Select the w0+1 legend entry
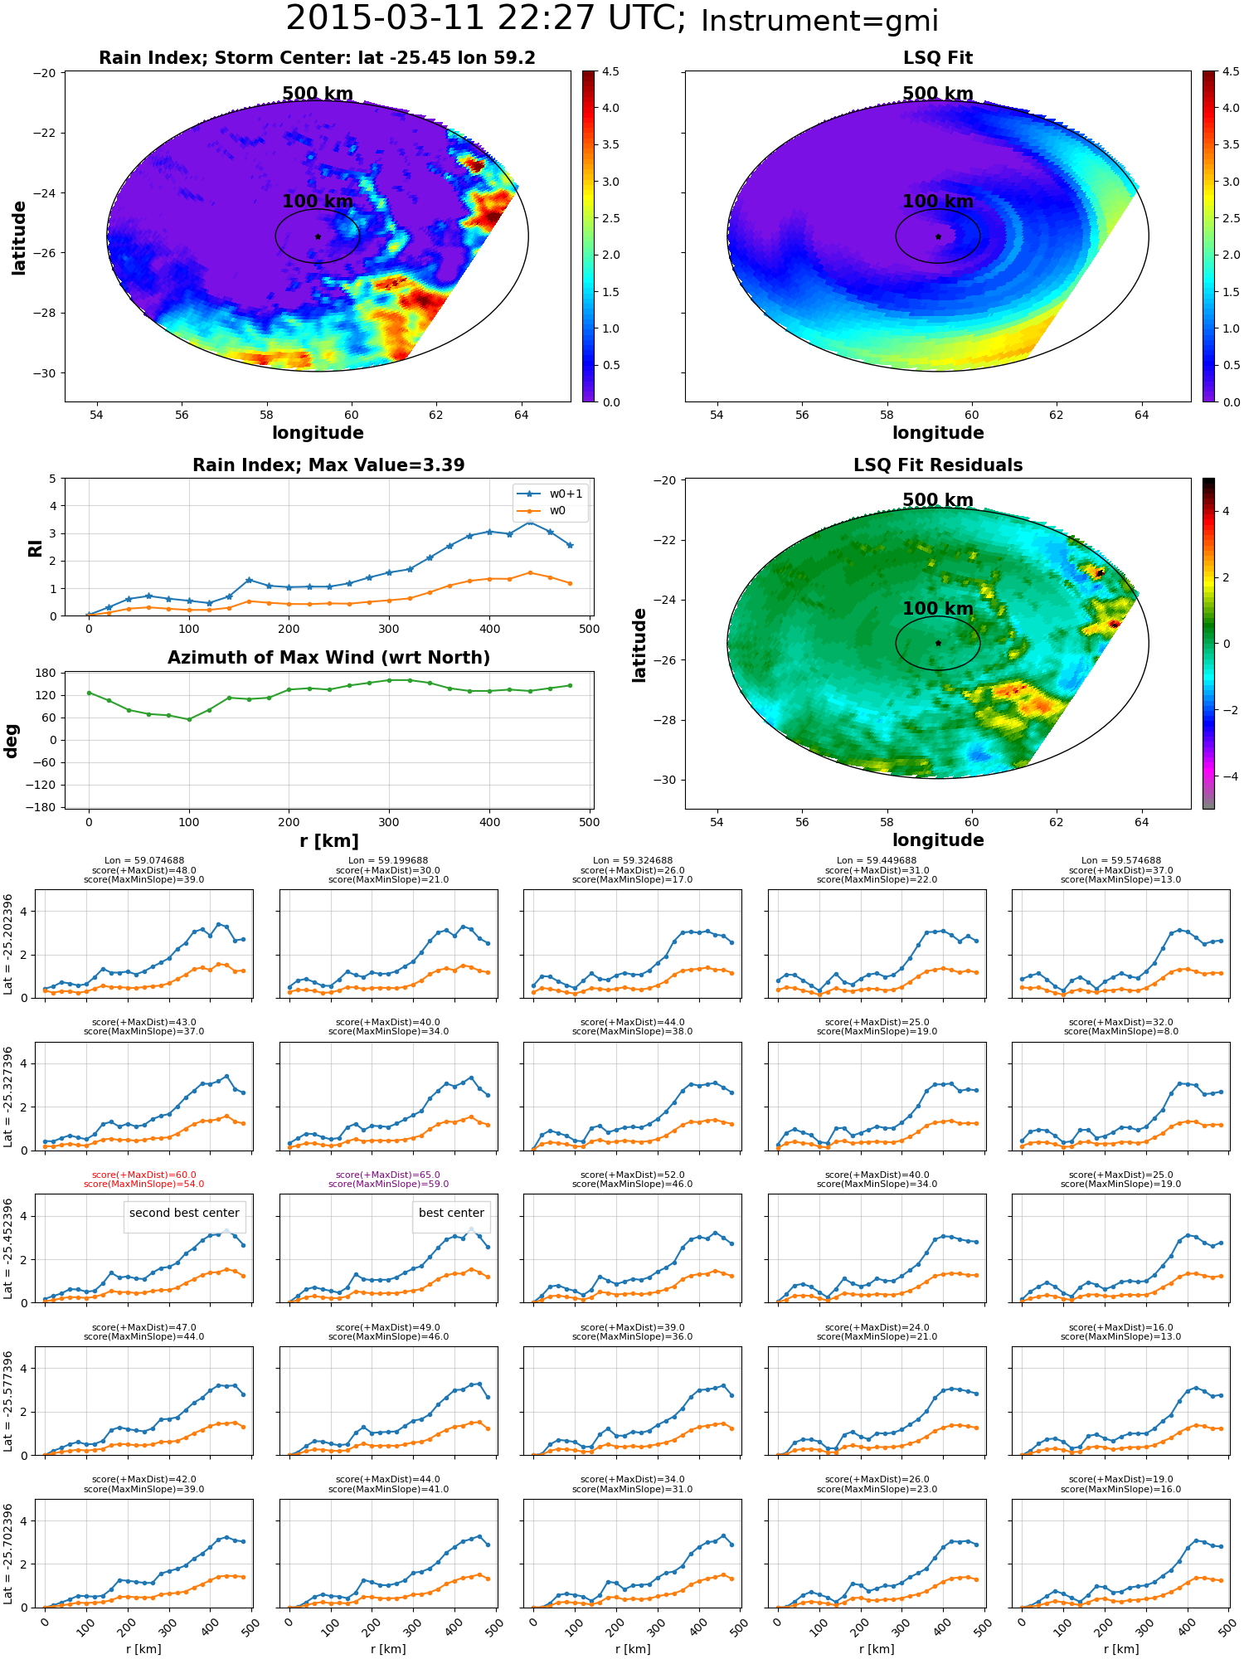tap(550, 494)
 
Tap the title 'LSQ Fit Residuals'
tap(938, 465)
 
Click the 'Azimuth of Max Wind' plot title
tap(328, 658)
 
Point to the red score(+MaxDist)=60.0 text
tap(143, 1175)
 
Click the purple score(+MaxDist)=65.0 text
tap(388, 1175)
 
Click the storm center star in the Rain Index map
tap(318, 236)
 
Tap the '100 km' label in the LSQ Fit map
tap(938, 202)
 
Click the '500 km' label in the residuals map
tap(938, 500)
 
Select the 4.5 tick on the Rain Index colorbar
tap(610, 71)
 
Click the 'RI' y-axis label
tap(35, 548)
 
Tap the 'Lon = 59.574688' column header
tap(1121, 861)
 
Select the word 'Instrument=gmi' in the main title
tap(819, 22)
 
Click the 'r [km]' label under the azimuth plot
tap(329, 841)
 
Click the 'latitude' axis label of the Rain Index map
tap(18, 238)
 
